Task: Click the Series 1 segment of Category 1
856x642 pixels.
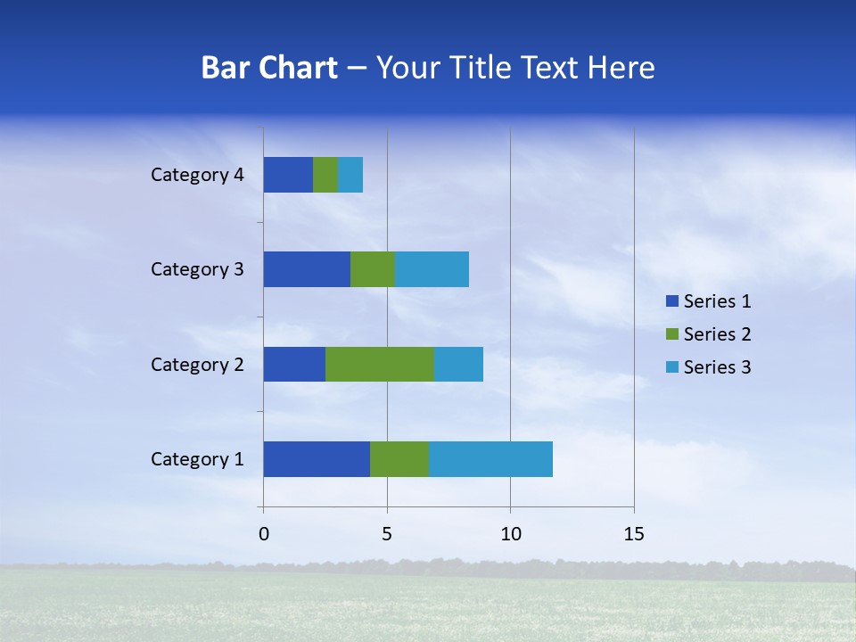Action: pos(317,459)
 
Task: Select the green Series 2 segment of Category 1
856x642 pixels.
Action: pos(399,459)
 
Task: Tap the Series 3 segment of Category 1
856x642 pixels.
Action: pos(490,459)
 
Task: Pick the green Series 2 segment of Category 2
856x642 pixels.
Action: pos(380,364)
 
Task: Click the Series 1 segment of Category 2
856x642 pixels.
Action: pos(294,364)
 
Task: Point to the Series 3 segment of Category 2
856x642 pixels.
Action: pos(458,364)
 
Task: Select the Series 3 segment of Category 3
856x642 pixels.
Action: pos(432,269)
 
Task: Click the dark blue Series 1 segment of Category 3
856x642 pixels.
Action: pos(307,269)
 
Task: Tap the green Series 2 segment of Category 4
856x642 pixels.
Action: pos(325,175)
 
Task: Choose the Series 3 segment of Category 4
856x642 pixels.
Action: pos(350,175)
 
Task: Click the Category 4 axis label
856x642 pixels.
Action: pos(197,175)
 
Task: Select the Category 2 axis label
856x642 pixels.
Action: pos(197,364)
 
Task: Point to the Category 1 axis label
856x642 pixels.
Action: pos(197,459)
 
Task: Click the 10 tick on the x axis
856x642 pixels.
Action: pos(510,534)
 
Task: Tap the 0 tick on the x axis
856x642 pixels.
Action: pos(264,534)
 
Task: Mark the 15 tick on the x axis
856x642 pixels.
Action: pos(634,534)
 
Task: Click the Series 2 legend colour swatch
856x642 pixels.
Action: pos(671,334)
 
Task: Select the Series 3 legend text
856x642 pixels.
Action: pos(717,367)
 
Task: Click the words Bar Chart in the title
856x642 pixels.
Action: pos(269,68)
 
